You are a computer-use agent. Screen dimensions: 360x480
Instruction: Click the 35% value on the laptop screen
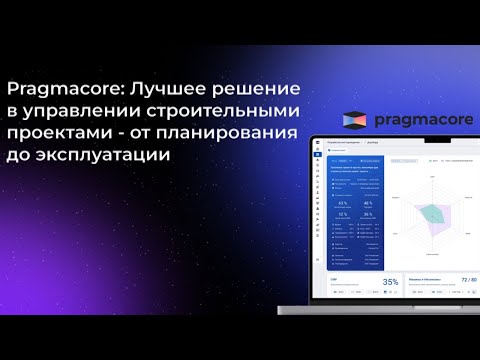(x=390, y=282)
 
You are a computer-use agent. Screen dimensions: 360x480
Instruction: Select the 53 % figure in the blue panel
(x=343, y=203)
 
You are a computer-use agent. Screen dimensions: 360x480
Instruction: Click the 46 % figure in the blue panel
(x=368, y=203)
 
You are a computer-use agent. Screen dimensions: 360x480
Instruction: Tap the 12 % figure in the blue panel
(x=343, y=214)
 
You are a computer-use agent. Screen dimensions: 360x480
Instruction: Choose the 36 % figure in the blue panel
(x=368, y=214)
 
